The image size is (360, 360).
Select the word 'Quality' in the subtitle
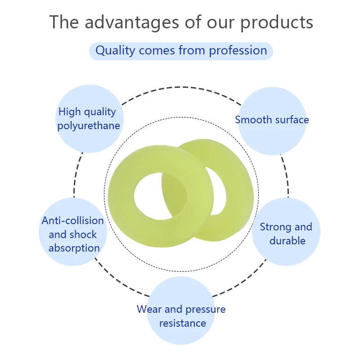tap(115, 51)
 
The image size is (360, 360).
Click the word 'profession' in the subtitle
tap(238, 51)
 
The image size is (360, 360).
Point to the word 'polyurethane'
tap(89, 126)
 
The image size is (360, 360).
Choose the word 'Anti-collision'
tap(73, 220)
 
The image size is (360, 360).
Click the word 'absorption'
tap(74, 248)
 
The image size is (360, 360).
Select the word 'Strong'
tap(276, 227)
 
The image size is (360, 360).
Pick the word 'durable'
tap(288, 241)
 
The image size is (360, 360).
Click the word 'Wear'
tap(149, 309)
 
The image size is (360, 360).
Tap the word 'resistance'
tap(183, 323)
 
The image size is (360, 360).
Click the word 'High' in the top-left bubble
tap(70, 112)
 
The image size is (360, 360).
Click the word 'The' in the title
tap(64, 22)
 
